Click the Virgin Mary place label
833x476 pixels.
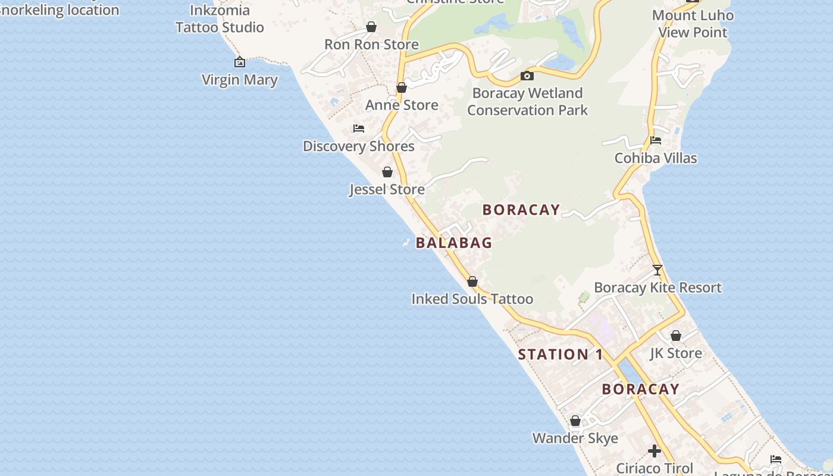click(239, 80)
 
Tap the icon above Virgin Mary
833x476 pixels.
click(239, 62)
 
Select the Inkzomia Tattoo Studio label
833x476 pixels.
click(220, 19)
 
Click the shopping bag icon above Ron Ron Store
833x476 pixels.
click(371, 27)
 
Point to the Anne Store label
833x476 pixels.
click(402, 105)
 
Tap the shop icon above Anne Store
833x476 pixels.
click(402, 87)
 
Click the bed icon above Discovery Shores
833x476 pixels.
click(358, 128)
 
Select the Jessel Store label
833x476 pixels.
click(387, 190)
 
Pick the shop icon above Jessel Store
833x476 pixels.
click(387, 172)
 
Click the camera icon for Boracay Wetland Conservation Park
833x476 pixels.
click(527, 76)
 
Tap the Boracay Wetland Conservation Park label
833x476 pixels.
click(527, 102)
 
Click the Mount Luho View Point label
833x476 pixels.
click(693, 24)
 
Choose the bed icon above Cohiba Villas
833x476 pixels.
click(656, 140)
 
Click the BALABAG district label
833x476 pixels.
click(454, 243)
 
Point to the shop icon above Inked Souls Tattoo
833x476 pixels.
click(472, 281)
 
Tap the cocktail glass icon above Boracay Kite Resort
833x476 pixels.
click(657, 270)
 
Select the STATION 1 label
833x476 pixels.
click(560, 355)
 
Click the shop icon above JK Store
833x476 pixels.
click(676, 336)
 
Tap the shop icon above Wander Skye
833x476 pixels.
click(575, 421)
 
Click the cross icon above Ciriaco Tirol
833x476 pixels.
click(654, 451)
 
